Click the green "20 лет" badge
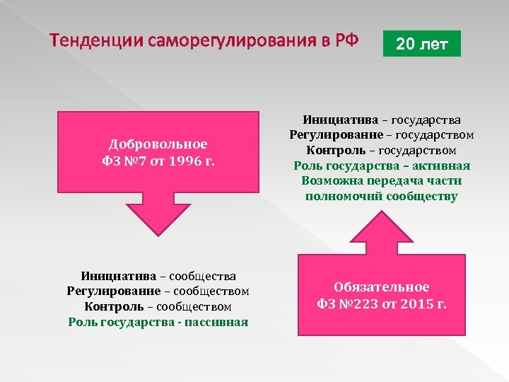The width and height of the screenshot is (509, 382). pyautogui.click(x=421, y=45)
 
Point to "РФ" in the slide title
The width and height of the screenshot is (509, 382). pyautogui.click(x=346, y=42)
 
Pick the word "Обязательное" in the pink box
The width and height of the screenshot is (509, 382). pyautogui.click(x=381, y=287)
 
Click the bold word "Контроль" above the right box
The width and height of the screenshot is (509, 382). pyautogui.click(x=336, y=150)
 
